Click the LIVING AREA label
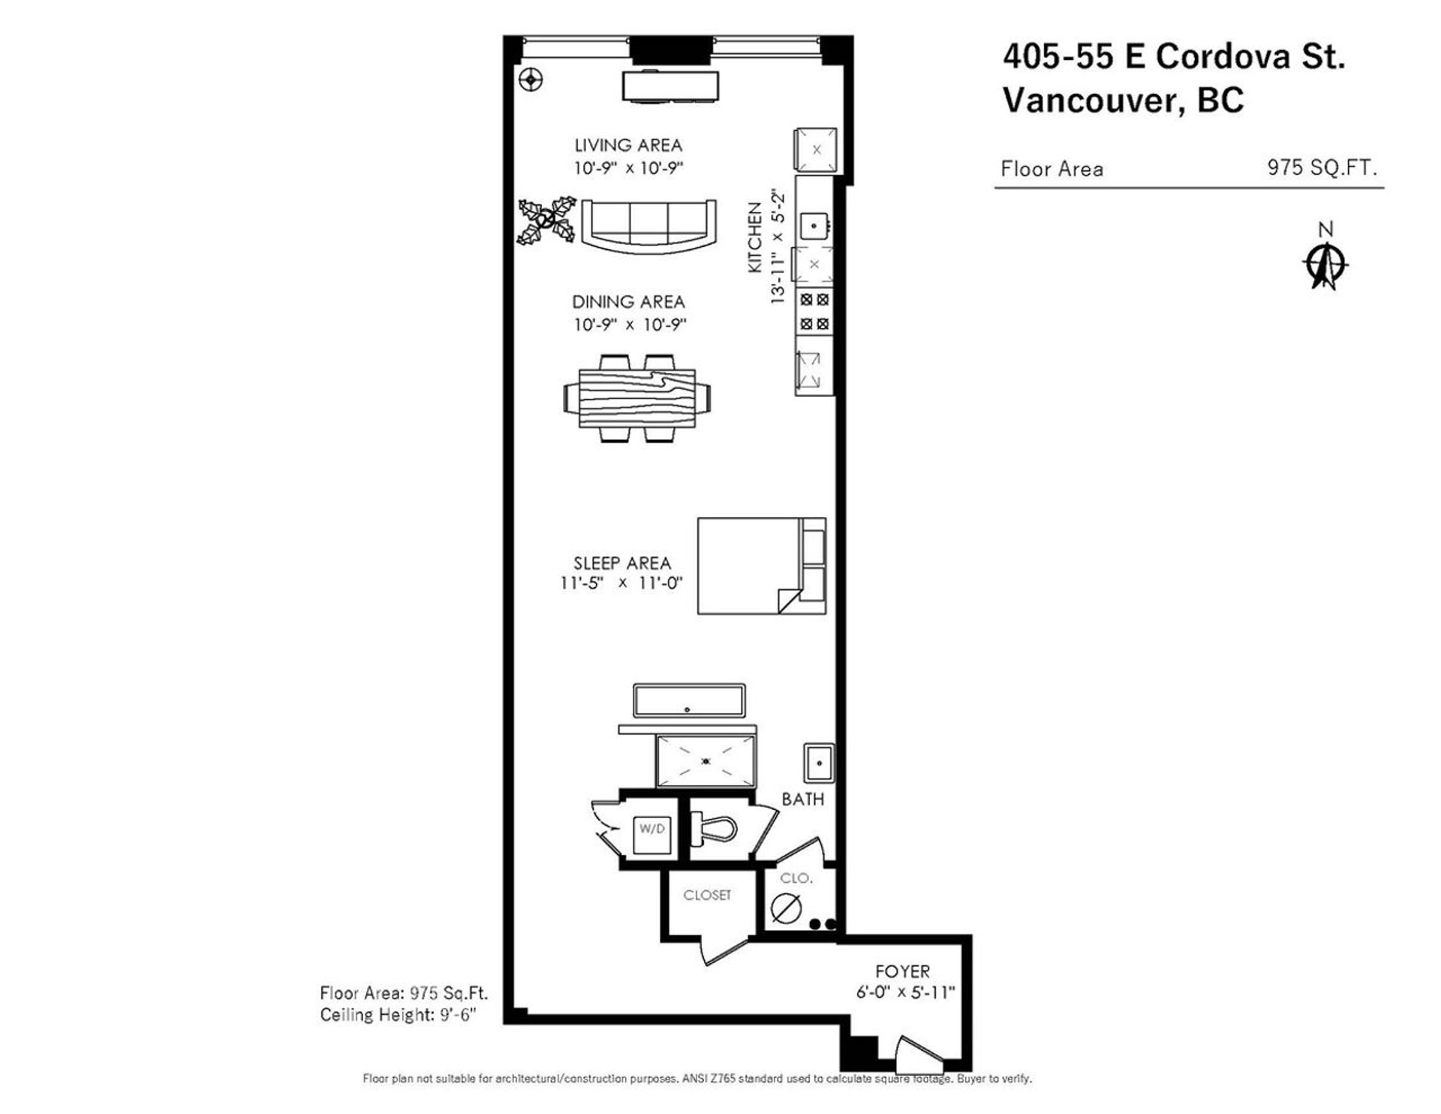tap(628, 145)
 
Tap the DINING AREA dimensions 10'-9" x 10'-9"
tap(629, 324)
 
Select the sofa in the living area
tap(648, 225)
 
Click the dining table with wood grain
tap(637, 397)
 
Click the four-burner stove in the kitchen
tap(814, 312)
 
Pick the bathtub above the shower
tap(689, 700)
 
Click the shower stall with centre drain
tap(705, 761)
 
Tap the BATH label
tap(802, 799)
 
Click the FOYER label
tap(902, 971)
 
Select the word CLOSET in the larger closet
tap(707, 895)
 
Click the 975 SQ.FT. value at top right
tap(1322, 167)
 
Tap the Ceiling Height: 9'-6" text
tap(399, 1015)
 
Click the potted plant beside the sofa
tap(546, 221)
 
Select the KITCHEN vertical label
tap(754, 239)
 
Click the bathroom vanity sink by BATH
tap(818, 763)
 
